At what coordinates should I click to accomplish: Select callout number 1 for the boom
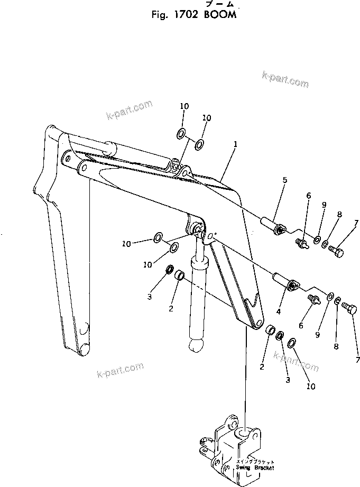coord(235,143)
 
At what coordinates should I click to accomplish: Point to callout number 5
coord(284,180)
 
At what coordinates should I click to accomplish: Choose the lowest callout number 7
coord(357,360)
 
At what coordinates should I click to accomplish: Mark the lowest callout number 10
coord(311,387)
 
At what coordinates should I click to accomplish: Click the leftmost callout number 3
coord(150,297)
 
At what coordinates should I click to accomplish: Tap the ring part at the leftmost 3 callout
coord(170,271)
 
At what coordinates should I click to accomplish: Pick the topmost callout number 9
coord(324,205)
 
